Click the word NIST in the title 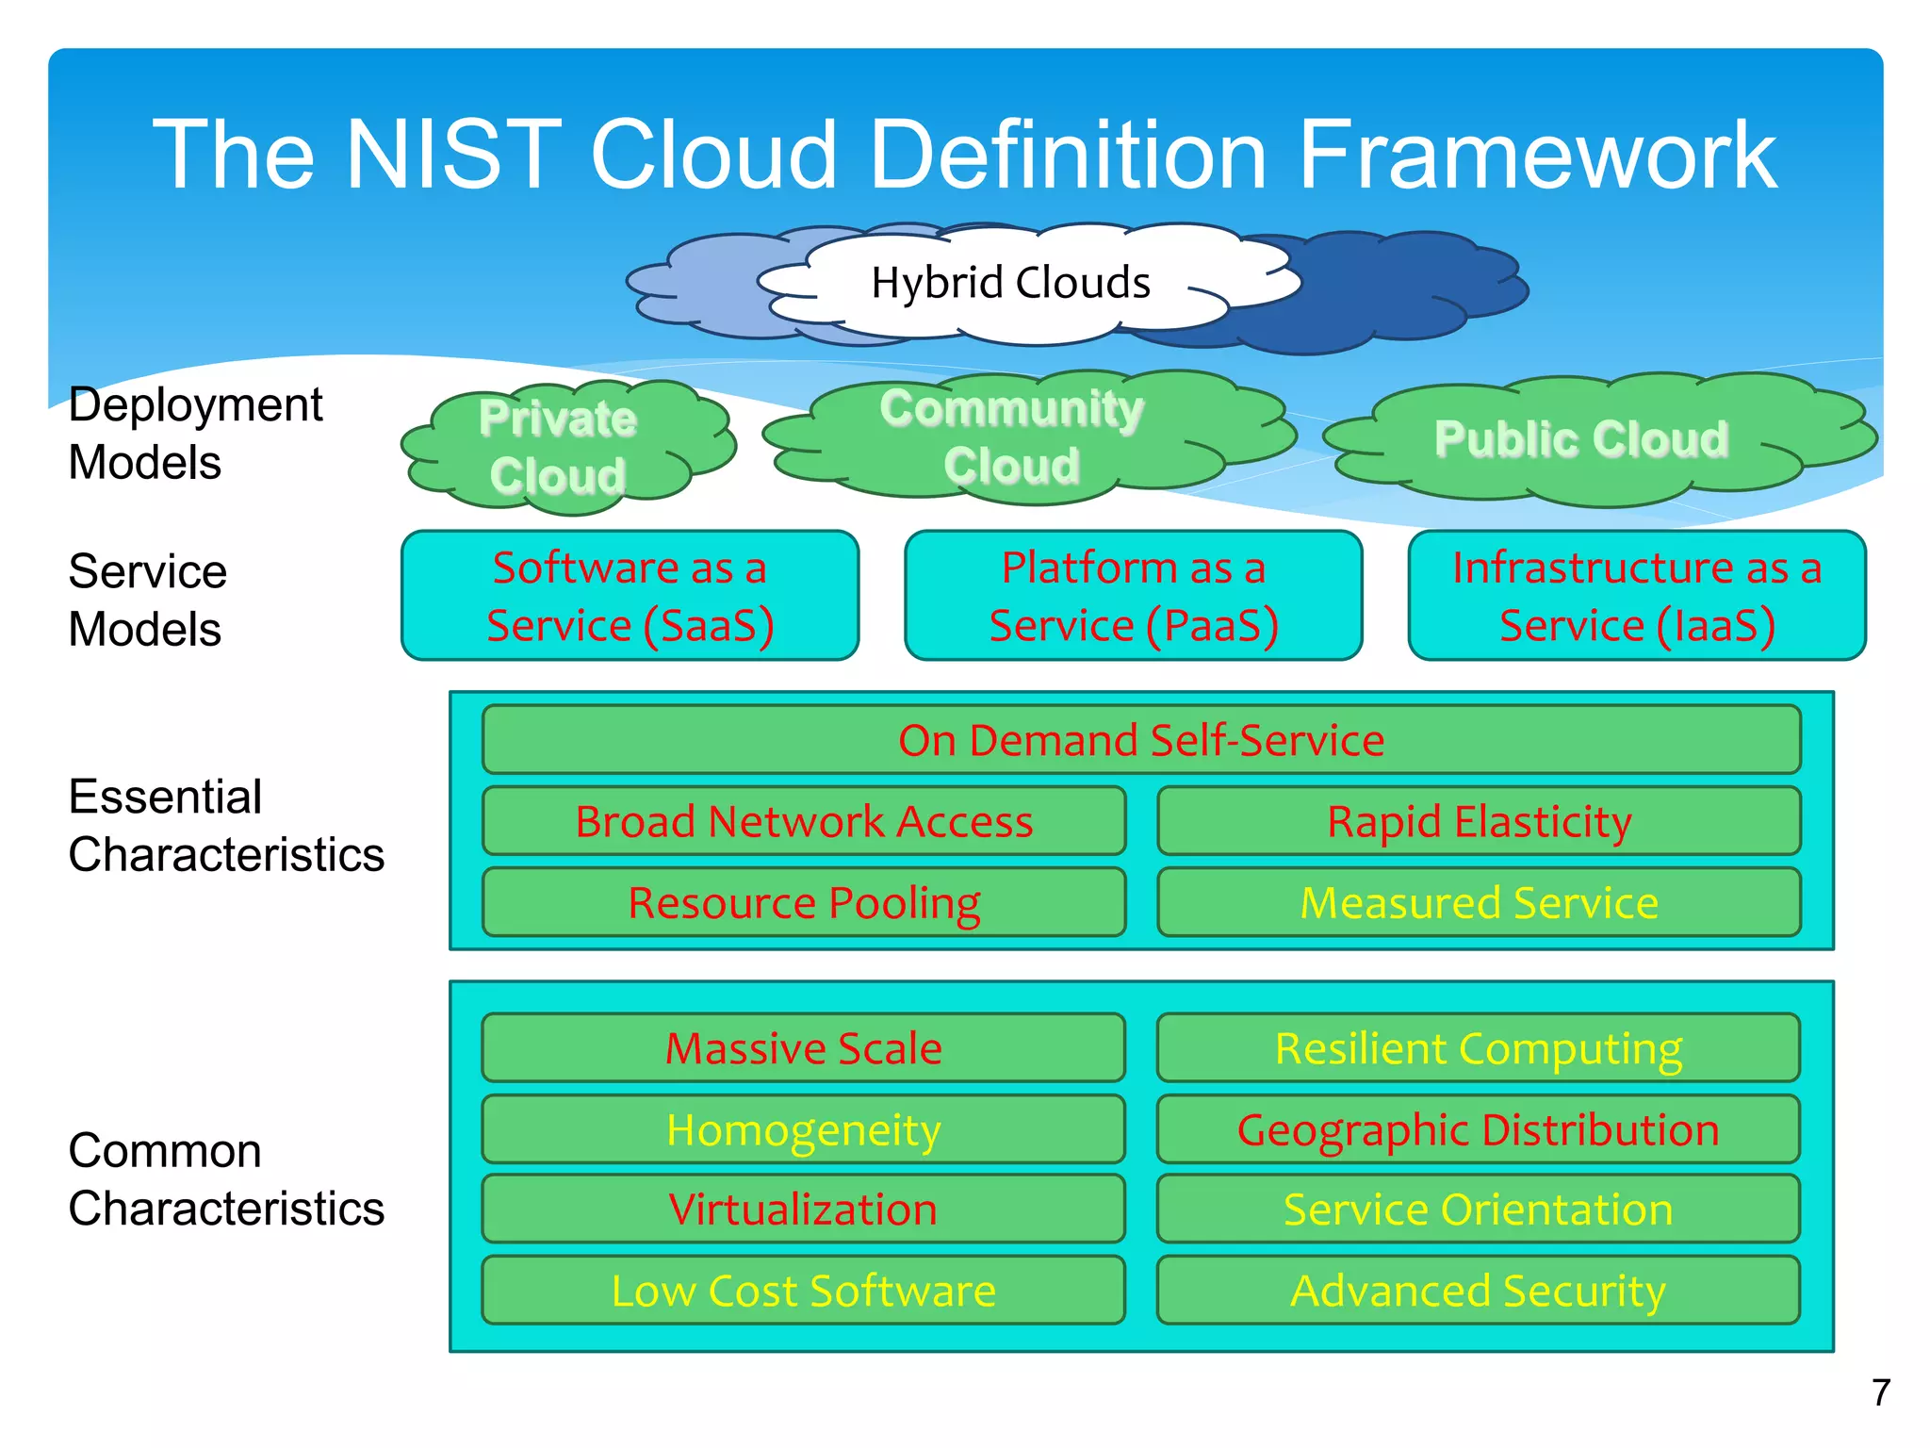(454, 156)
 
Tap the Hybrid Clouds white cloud (1010, 283)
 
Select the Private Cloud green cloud (558, 447)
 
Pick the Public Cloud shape (1581, 439)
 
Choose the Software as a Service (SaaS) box (630, 596)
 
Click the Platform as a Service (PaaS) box (1133, 596)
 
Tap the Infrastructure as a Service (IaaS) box (1637, 596)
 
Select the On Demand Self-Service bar (1140, 740)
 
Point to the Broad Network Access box (804, 821)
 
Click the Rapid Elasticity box (1479, 821)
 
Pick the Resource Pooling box (804, 902)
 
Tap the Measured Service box (1479, 902)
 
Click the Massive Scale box (804, 1047)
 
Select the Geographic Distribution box (1479, 1129)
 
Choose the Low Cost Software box (804, 1291)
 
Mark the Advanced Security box (1479, 1291)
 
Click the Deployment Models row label (195, 434)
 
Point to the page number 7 (1881, 1392)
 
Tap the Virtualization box (804, 1209)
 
